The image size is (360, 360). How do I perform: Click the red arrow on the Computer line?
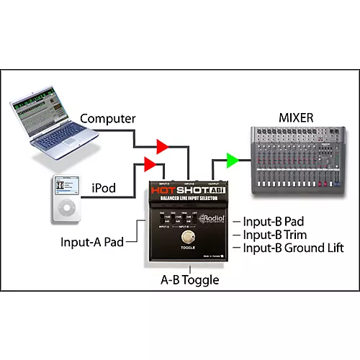point(163,148)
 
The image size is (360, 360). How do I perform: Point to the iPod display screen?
point(65,186)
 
